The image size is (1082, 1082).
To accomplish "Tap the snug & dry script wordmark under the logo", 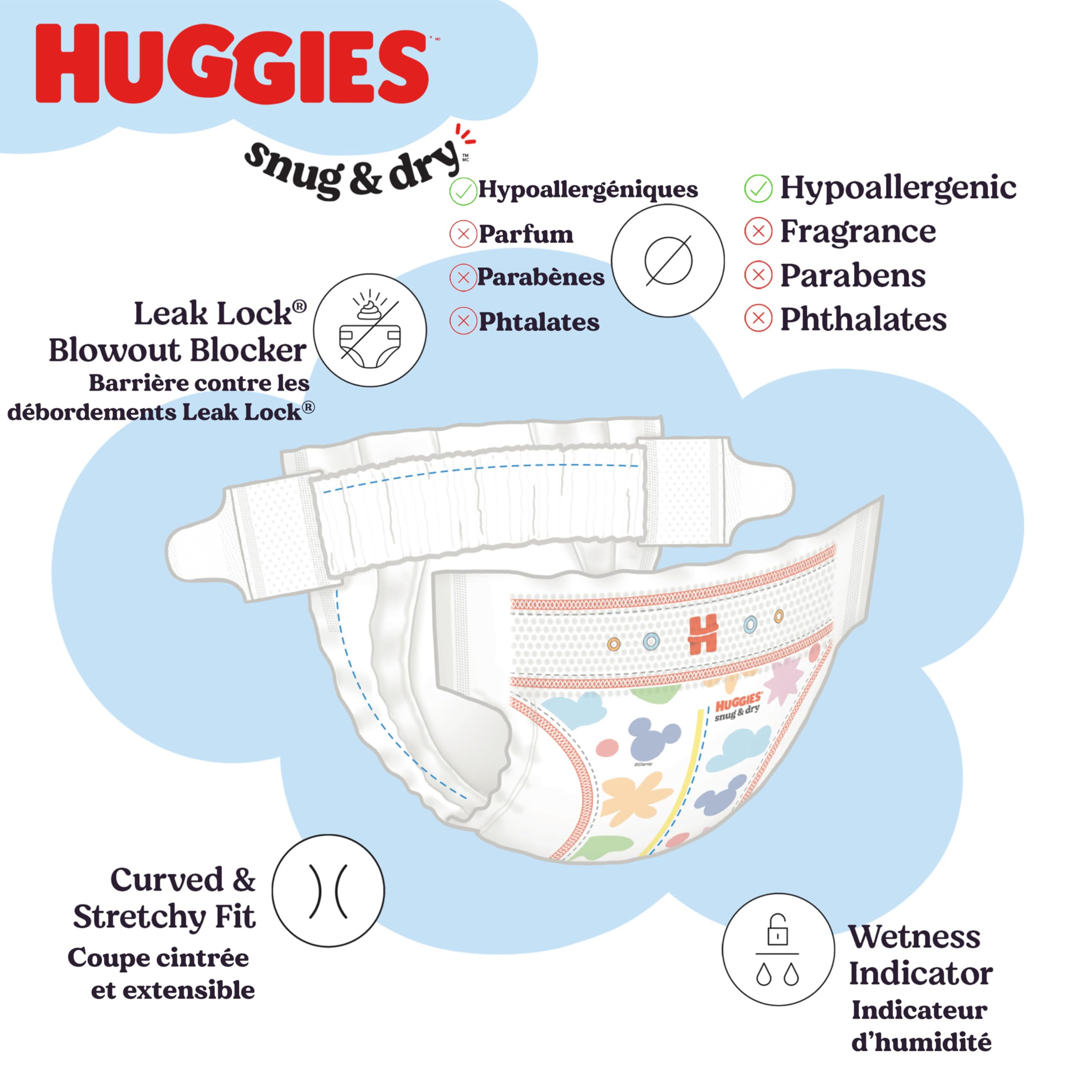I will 353,168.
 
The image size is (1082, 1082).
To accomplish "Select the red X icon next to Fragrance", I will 758,231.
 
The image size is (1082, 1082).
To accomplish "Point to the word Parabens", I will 852,276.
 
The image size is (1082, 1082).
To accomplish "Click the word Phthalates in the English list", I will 863,319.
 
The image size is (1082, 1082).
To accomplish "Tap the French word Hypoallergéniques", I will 587,189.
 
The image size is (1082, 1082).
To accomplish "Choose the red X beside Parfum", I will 462,234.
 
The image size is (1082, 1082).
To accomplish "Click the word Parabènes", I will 541,277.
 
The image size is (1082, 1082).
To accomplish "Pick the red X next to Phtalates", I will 462,321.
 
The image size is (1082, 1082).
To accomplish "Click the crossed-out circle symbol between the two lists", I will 667,260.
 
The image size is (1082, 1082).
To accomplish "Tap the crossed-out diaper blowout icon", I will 370,331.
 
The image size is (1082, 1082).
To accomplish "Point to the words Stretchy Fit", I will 164,916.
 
